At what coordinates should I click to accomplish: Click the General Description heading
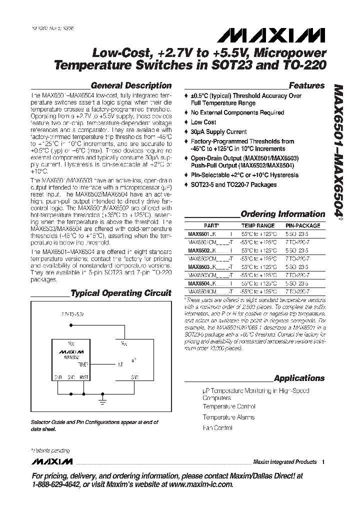(x=130, y=85)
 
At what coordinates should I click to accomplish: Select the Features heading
(x=306, y=85)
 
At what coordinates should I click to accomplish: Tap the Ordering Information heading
(x=282, y=214)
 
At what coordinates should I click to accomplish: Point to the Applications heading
(x=299, y=378)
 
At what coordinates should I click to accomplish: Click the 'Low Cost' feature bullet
(x=203, y=122)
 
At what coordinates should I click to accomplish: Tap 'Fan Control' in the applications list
(x=217, y=428)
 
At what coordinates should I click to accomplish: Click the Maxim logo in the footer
(x=51, y=461)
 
